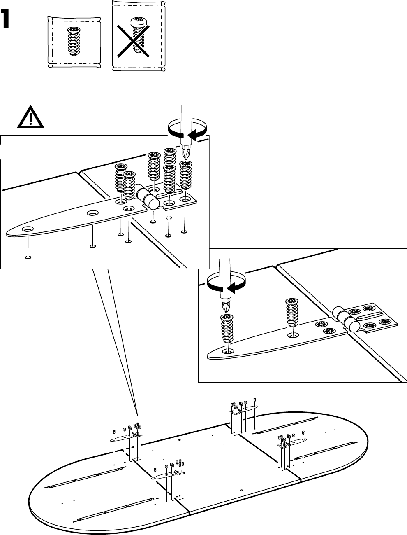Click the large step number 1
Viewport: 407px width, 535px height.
tap(5, 19)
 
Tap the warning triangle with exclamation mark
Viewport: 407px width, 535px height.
tap(30, 117)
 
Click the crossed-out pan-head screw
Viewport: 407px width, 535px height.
tap(138, 35)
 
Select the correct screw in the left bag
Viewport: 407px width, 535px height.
tap(74, 41)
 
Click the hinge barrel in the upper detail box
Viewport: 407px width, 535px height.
tap(148, 197)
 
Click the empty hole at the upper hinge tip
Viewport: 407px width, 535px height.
tap(28, 229)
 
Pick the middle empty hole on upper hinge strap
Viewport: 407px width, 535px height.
tap(92, 213)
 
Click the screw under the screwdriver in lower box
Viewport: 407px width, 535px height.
tap(227, 329)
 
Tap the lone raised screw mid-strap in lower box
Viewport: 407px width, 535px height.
tap(292, 313)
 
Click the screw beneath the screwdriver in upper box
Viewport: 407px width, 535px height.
tap(186, 175)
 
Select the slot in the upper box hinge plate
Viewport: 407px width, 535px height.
tap(169, 193)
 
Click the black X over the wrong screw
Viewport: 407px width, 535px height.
tap(133, 41)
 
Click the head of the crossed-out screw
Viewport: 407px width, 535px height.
tap(139, 22)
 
